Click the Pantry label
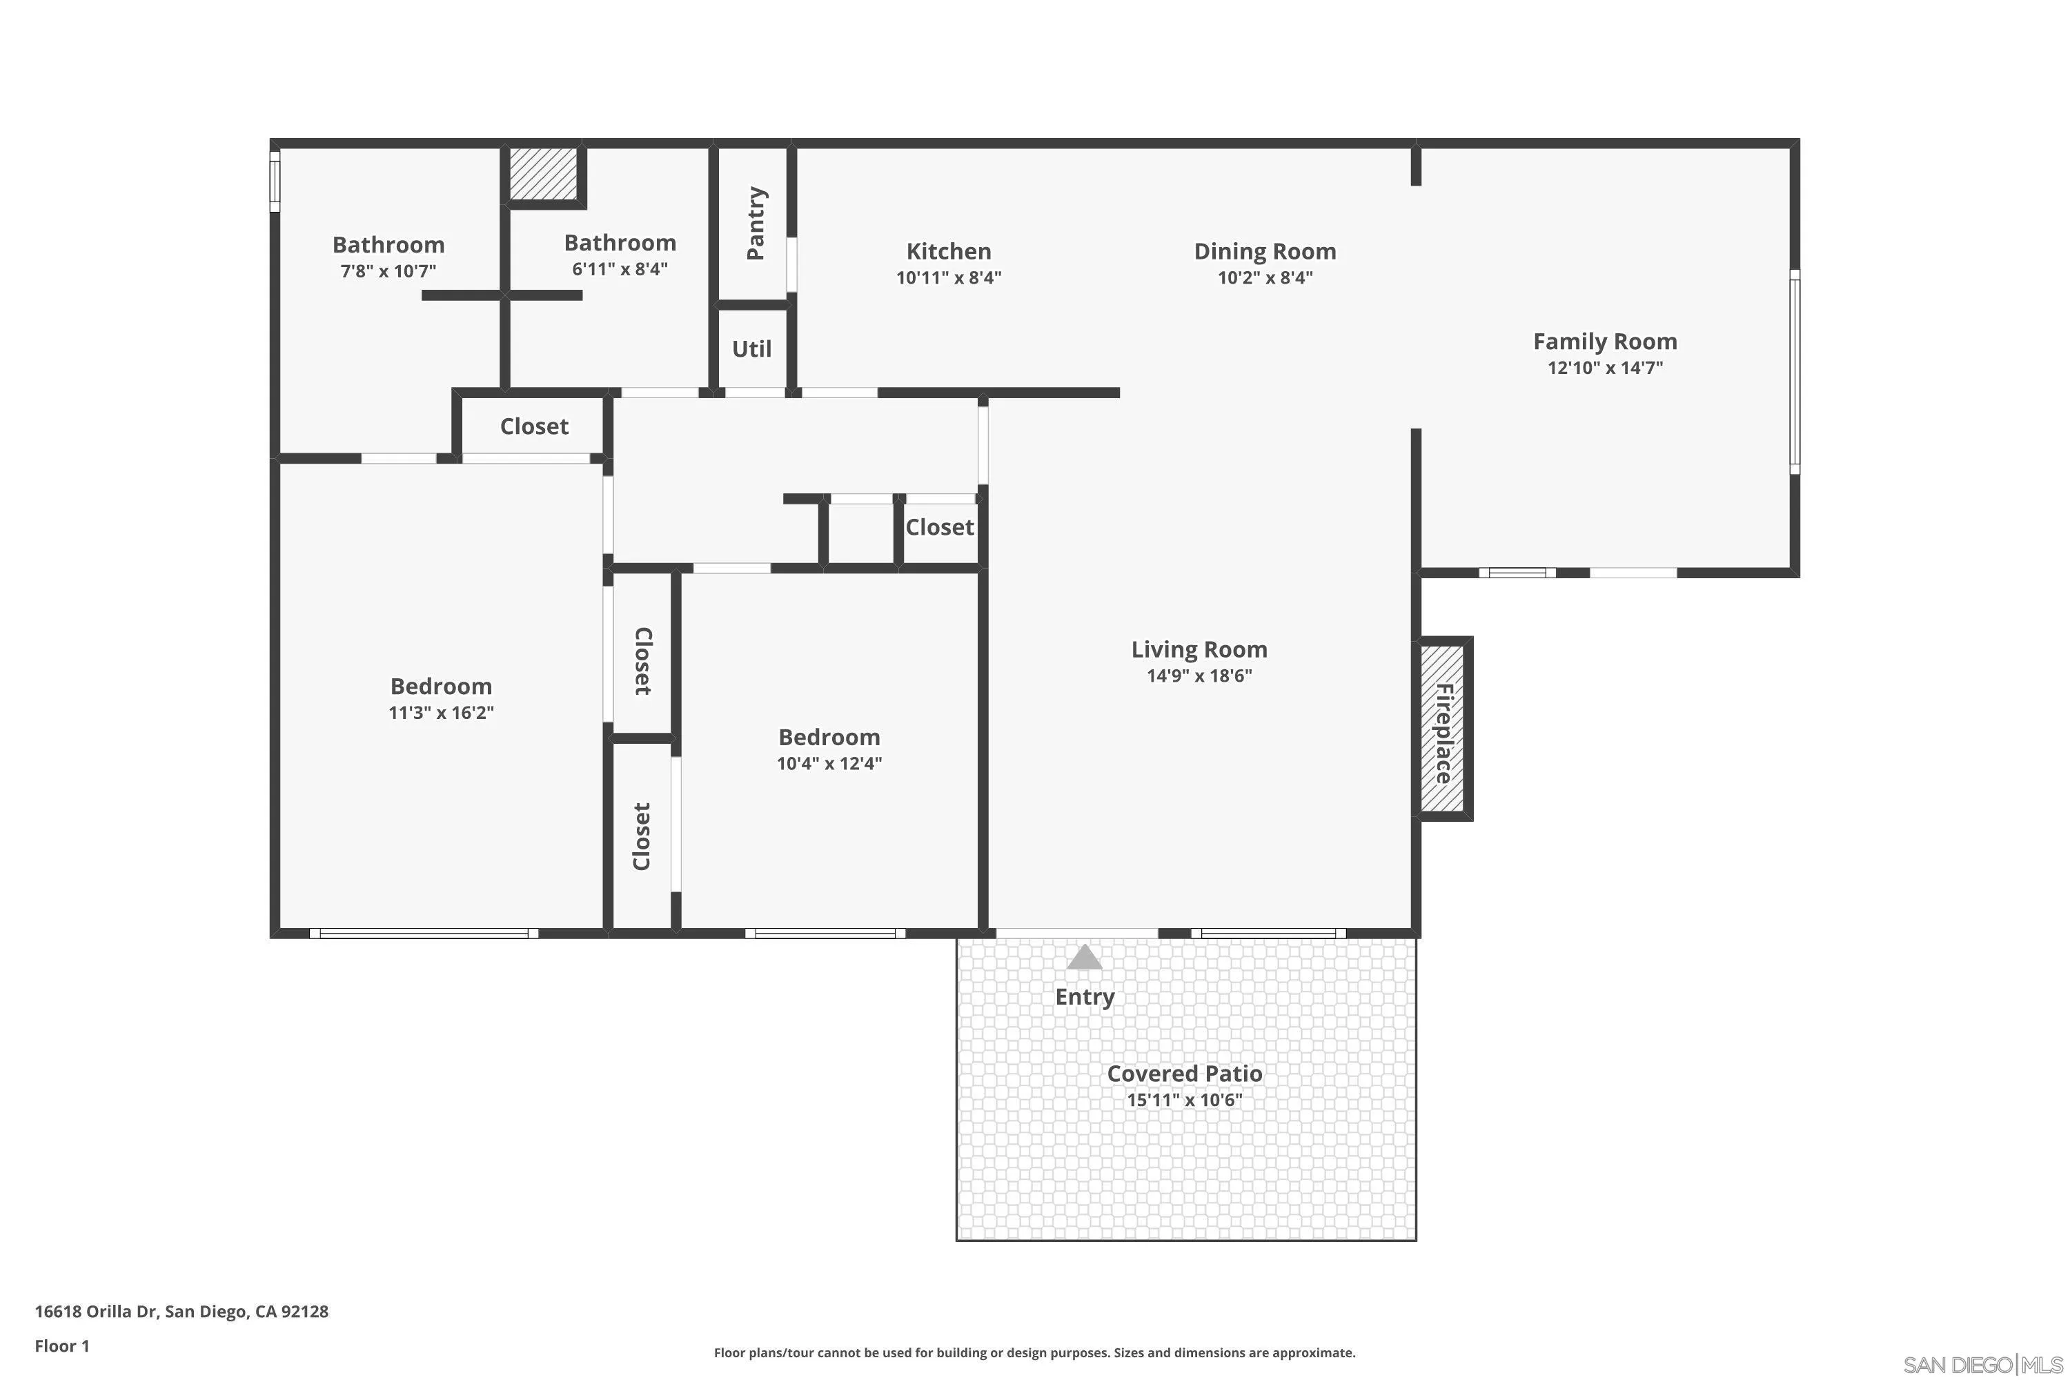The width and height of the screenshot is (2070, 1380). click(x=755, y=223)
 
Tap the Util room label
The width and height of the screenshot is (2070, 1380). click(x=751, y=348)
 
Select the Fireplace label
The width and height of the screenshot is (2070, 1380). click(x=1443, y=733)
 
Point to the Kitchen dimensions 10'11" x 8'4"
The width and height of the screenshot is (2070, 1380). click(x=949, y=277)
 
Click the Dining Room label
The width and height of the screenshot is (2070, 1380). click(x=1265, y=251)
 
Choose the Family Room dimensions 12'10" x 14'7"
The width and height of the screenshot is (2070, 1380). click(x=1606, y=367)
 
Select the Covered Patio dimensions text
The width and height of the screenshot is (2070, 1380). click(x=1185, y=1099)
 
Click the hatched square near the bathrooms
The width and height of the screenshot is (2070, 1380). click(x=543, y=173)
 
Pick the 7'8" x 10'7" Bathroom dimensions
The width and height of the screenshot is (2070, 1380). click(x=388, y=270)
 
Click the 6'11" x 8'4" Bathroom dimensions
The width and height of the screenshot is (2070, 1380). click(x=620, y=268)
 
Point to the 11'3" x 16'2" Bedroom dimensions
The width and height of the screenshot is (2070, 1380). click(x=441, y=712)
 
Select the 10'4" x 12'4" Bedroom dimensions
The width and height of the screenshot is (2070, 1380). click(x=829, y=763)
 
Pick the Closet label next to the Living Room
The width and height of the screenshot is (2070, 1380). click(x=939, y=527)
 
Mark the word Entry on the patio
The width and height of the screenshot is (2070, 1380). click(x=1084, y=997)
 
